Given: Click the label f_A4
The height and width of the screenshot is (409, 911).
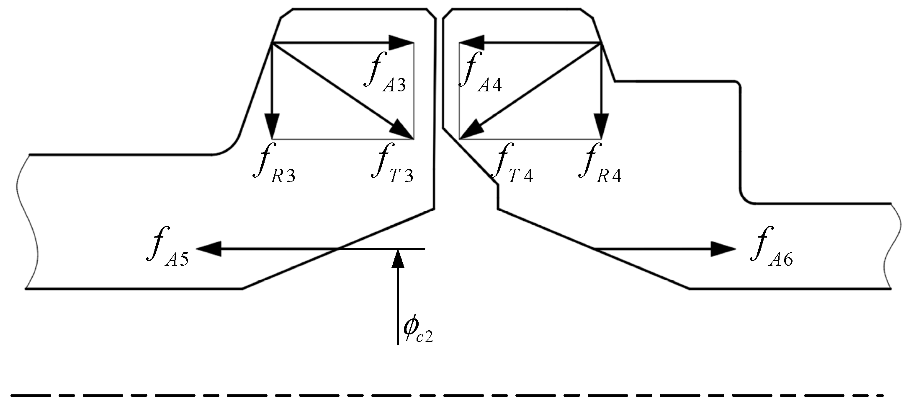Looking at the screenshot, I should tap(480, 70).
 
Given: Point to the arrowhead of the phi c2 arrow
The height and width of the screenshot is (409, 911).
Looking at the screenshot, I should tap(398, 257).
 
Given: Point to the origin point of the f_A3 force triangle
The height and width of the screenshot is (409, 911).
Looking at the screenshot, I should tap(273, 43).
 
